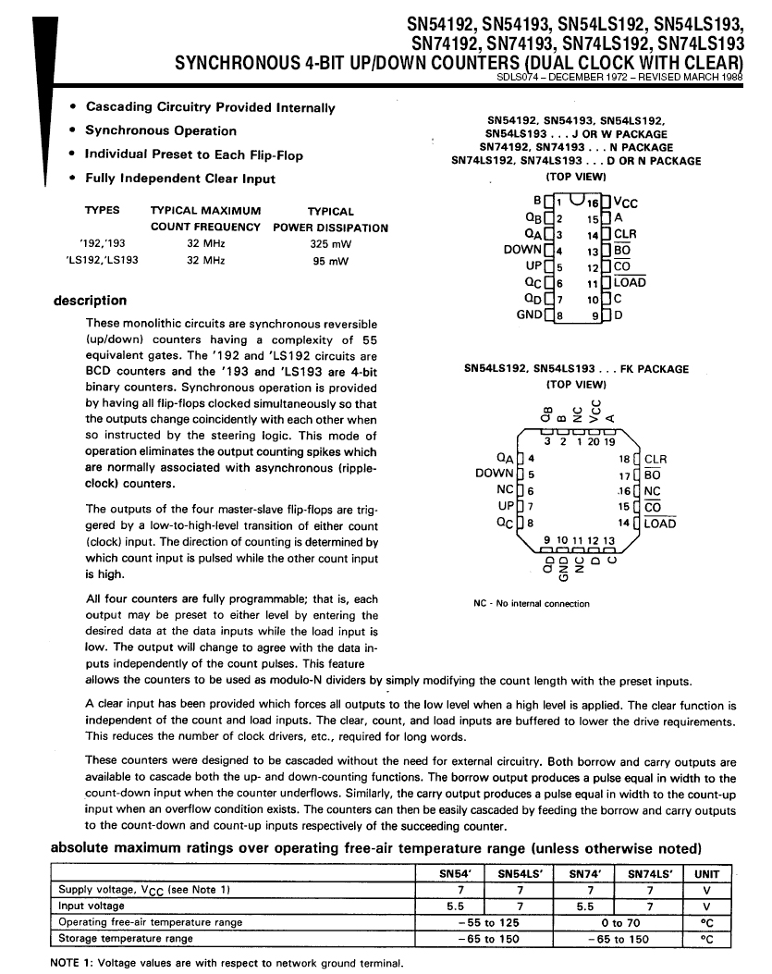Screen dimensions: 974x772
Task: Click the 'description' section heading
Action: [x=91, y=301]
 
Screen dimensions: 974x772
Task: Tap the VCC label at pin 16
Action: [x=626, y=203]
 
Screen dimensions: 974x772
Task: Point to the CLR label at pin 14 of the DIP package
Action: [x=625, y=235]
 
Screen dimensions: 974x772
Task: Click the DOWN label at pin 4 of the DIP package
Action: [x=522, y=250]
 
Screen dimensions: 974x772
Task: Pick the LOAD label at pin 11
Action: [x=630, y=283]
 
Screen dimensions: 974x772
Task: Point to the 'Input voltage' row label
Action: [x=92, y=906]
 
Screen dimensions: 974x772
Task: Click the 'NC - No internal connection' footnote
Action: [x=531, y=604]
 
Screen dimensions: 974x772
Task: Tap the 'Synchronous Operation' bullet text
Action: [x=161, y=131]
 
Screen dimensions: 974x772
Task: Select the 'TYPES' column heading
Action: [x=102, y=211]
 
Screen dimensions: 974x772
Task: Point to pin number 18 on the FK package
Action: [x=624, y=459]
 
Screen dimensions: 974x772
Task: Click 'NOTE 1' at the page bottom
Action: [x=71, y=963]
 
